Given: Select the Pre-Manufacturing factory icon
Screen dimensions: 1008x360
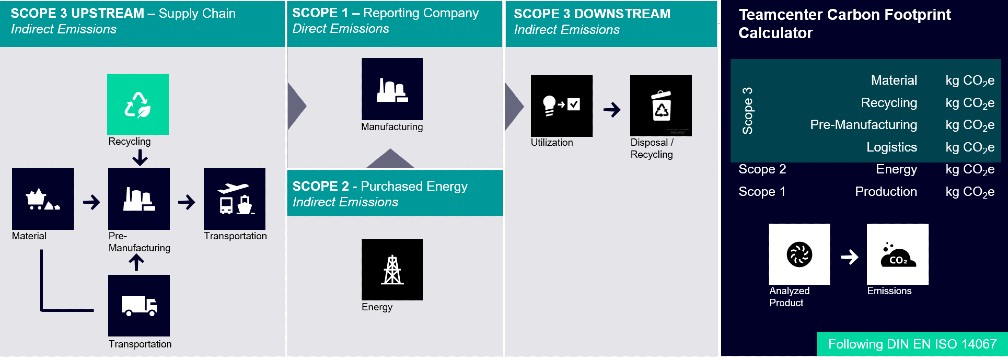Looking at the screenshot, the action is tap(139, 198).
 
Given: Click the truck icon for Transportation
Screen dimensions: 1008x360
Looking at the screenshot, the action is tap(139, 306).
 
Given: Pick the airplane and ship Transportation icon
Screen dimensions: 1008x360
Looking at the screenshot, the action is tap(234, 198).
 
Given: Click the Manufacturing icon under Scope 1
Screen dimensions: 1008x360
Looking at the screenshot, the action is tap(391, 89).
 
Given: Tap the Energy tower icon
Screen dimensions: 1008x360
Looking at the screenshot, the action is tap(391, 269).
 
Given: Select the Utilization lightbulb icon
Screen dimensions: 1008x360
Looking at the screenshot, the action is tap(561, 105).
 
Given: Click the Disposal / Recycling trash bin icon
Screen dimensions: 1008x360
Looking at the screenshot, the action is tap(660, 105).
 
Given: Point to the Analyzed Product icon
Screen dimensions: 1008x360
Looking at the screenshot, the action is tap(798, 255).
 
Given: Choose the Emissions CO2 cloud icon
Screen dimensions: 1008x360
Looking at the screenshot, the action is tap(897, 255).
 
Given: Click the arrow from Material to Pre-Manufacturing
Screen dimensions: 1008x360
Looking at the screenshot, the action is tap(91, 200).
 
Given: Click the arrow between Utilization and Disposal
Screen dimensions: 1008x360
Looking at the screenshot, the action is tap(610, 106).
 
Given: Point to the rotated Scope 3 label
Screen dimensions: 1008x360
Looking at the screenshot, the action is tap(748, 111).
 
